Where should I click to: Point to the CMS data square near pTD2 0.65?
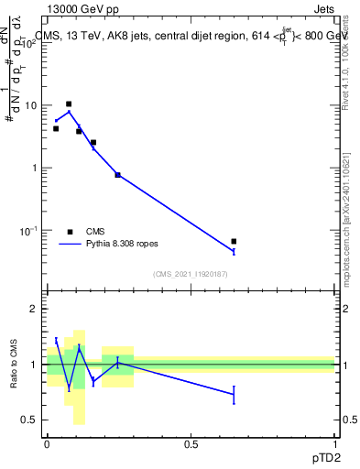click(x=235, y=241)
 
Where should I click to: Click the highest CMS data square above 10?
click(x=69, y=104)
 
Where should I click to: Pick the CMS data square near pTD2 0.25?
click(x=118, y=174)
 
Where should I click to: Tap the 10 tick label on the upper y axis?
click(x=32, y=105)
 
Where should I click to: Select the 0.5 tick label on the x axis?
click(x=191, y=443)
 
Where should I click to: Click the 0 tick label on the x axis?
click(x=47, y=443)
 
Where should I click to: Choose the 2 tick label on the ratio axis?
click(x=35, y=310)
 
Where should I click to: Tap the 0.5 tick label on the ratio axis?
click(x=30, y=420)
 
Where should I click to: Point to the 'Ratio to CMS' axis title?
click(x=15, y=364)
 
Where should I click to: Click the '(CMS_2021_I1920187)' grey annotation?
click(x=190, y=275)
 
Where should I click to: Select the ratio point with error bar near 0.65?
click(x=235, y=394)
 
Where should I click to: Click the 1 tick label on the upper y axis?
click(x=35, y=168)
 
